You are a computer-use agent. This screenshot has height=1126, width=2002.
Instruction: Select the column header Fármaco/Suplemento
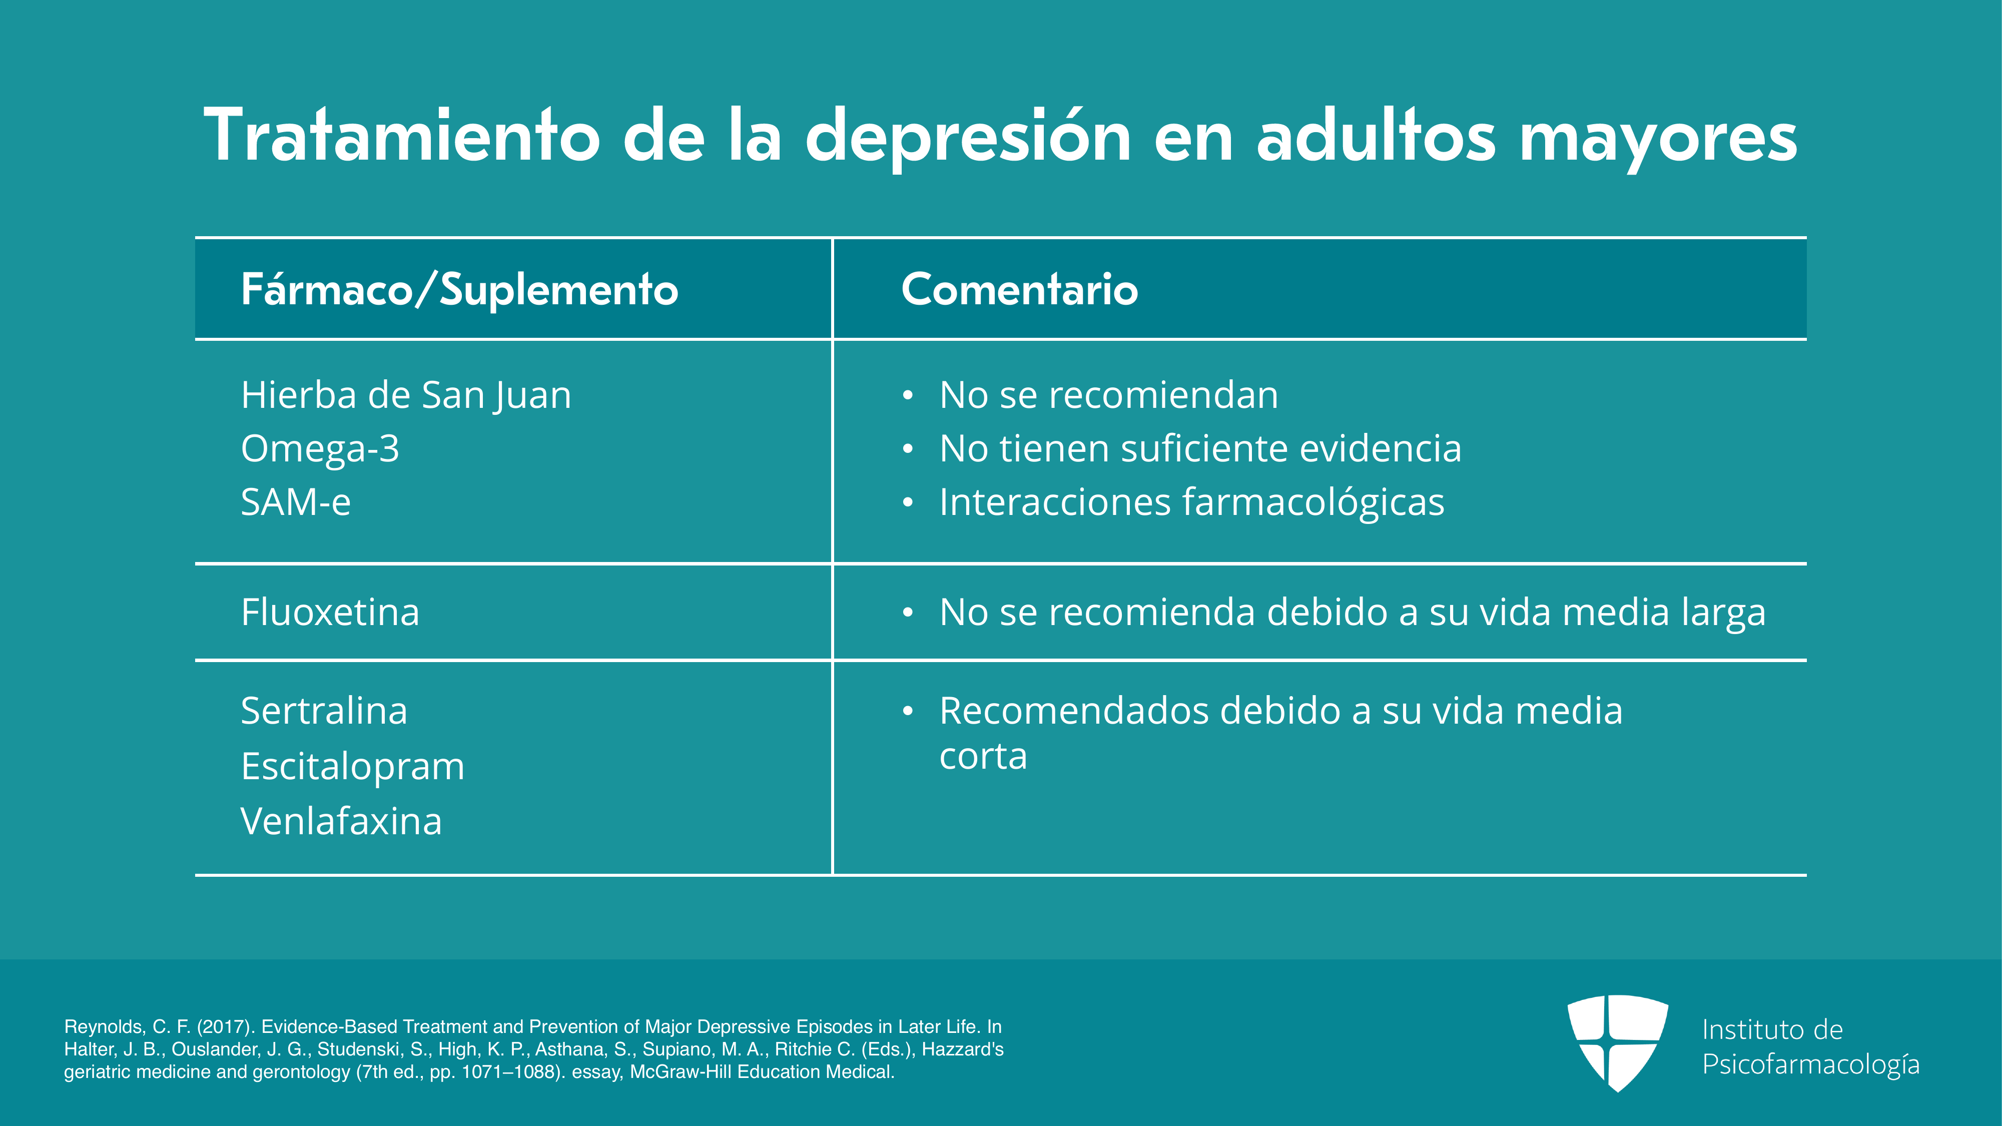coord(459,290)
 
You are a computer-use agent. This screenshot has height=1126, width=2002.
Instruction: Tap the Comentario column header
coord(1020,289)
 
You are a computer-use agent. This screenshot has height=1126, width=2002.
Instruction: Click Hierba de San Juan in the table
coord(406,395)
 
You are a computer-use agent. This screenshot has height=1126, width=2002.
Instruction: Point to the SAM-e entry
coord(295,502)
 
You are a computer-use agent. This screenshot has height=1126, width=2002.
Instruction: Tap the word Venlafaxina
coord(341,821)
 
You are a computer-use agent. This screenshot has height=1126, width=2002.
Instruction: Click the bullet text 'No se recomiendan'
coord(1108,395)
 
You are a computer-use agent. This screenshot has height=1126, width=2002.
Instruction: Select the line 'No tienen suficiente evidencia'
coord(1200,448)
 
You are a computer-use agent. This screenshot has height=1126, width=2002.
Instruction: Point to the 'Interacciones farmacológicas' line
coord(1191,502)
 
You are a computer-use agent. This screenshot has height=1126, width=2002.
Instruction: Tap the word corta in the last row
coord(983,756)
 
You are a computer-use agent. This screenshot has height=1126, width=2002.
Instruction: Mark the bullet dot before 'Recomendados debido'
coord(907,712)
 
